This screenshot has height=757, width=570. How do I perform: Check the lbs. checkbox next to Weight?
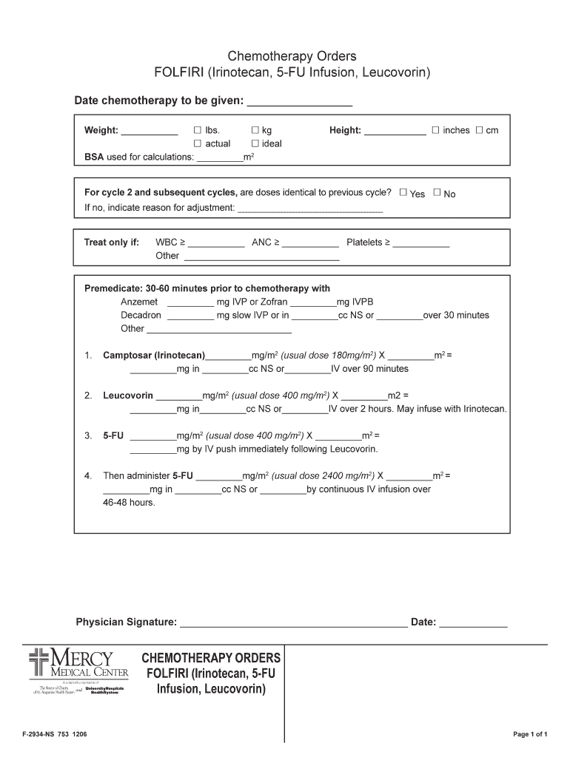[198, 130]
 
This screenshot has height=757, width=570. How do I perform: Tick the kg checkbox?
[255, 130]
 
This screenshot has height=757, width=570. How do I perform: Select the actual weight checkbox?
[198, 143]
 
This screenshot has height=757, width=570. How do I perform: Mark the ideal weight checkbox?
[255, 143]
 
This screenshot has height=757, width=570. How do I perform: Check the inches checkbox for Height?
[436, 130]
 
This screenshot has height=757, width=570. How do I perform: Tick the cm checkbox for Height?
[479, 130]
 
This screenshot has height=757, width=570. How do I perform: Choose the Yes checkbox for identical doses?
[403, 193]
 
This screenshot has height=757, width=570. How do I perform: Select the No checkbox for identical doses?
[437, 193]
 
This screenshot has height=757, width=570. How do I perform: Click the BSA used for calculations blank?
[221, 158]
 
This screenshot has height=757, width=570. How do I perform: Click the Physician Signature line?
[293, 623]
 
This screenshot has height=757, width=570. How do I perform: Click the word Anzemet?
[139, 302]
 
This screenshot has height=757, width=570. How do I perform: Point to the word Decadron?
[141, 315]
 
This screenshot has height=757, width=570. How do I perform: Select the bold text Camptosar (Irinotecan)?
[154, 355]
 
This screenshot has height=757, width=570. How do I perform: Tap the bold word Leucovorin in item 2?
[128, 396]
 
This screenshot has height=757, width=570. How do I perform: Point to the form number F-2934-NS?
[39, 734]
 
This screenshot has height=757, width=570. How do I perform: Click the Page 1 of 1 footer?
[530, 734]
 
